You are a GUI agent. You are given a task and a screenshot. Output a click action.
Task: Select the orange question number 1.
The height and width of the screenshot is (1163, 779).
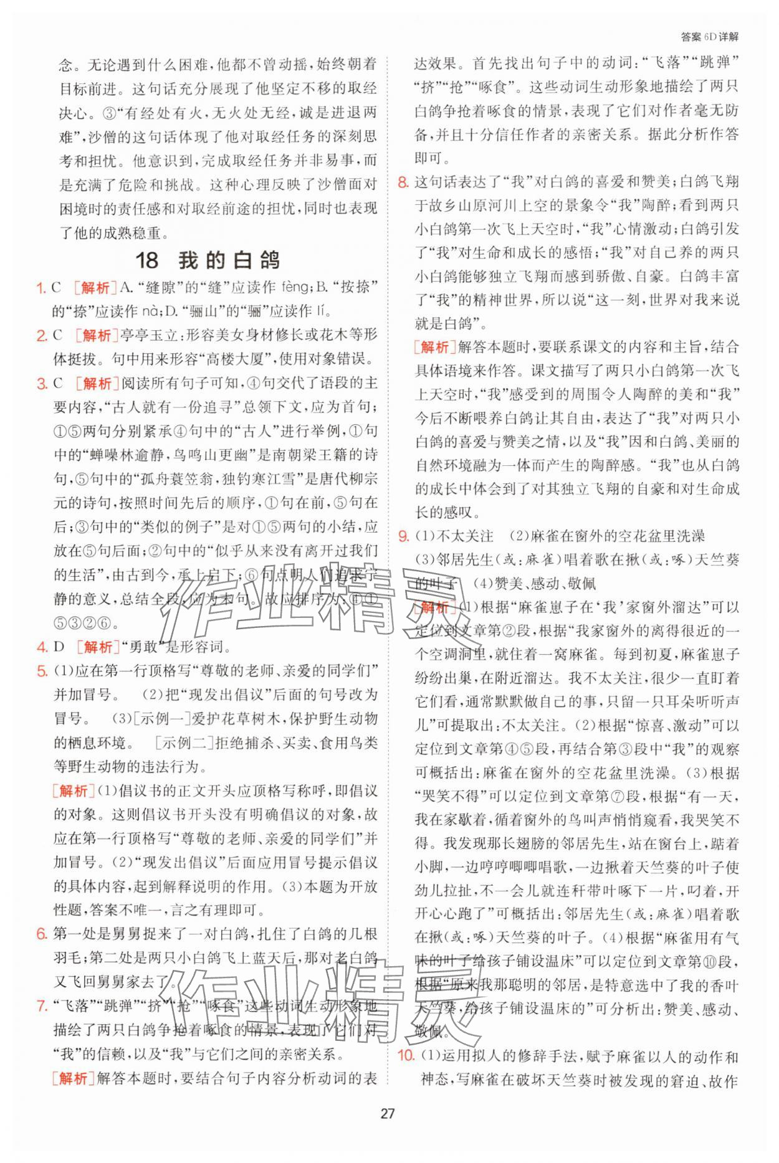(x=42, y=288)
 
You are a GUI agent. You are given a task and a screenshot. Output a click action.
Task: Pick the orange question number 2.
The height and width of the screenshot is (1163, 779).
(x=42, y=336)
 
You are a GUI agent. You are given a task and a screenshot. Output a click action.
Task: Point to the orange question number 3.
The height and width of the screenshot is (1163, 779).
(x=42, y=384)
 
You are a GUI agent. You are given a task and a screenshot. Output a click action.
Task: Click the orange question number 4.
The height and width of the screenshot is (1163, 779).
(x=42, y=647)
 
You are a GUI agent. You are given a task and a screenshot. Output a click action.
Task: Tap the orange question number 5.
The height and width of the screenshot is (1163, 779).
(x=42, y=672)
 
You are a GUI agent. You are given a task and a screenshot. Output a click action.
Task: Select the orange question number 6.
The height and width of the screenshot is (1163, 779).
(x=42, y=934)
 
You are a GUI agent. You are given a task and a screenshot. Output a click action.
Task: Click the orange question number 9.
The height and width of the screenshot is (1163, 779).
(x=403, y=536)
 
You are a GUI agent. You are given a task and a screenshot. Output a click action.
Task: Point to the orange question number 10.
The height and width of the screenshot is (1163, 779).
(x=406, y=1056)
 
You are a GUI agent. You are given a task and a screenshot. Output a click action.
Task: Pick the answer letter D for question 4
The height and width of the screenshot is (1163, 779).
(x=59, y=647)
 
